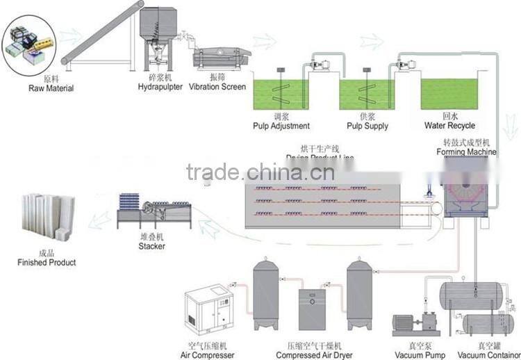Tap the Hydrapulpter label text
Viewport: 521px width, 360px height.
pos(160,87)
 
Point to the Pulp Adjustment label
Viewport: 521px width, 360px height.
pos(281,126)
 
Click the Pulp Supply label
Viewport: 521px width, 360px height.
pos(367,126)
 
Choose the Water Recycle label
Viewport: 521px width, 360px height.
pos(449,126)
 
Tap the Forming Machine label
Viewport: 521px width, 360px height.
pos(466,152)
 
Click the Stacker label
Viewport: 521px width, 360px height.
pos(151,246)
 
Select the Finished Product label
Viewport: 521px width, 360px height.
pos(47,263)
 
